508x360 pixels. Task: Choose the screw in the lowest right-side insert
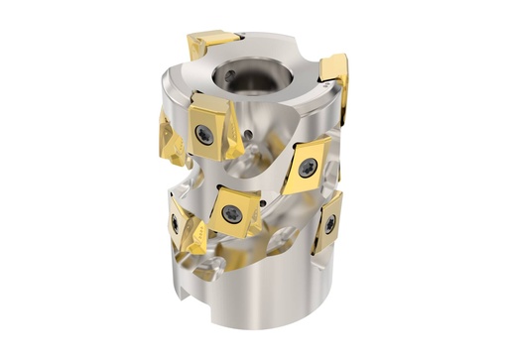[x=328, y=225]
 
